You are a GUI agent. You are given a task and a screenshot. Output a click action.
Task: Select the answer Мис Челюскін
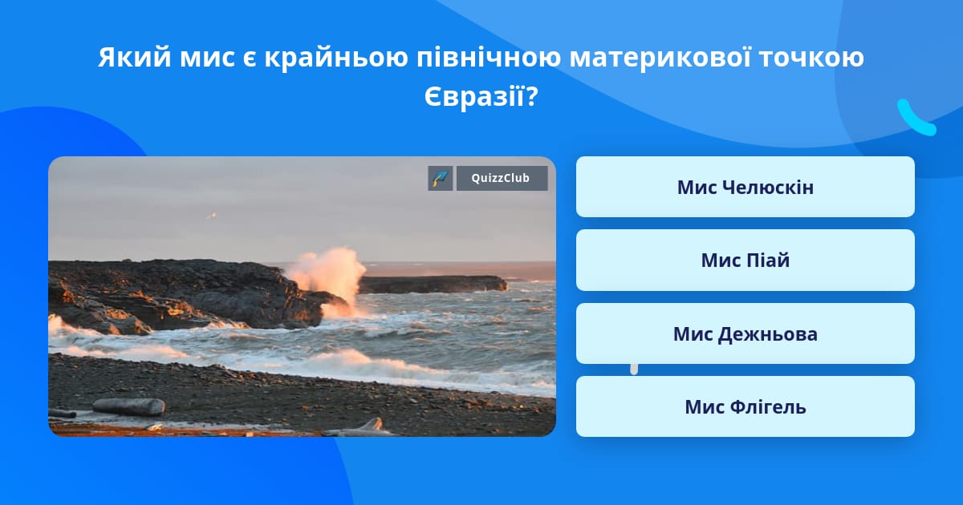pyautogui.click(x=745, y=187)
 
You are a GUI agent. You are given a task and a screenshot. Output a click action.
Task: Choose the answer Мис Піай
pyautogui.click(x=745, y=261)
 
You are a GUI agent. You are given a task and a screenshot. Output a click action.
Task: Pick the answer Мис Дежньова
pyautogui.click(x=745, y=333)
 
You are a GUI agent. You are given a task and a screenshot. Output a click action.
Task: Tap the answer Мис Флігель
pyautogui.click(x=745, y=406)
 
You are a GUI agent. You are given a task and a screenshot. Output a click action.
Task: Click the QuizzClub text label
pyautogui.click(x=501, y=178)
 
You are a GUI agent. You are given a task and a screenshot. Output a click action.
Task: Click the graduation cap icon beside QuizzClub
pyautogui.click(x=441, y=178)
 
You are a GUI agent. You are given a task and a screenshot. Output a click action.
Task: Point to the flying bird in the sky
pyautogui.click(x=211, y=215)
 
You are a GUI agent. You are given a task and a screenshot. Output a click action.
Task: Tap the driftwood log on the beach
pyautogui.click(x=129, y=406)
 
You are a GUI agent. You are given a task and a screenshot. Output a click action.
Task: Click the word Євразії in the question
pyautogui.click(x=474, y=96)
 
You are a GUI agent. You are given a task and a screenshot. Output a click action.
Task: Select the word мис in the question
pyautogui.click(x=207, y=58)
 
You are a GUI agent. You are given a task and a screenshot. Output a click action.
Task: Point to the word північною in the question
pyautogui.click(x=489, y=58)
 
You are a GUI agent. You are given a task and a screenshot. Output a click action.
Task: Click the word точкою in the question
pyautogui.click(x=811, y=58)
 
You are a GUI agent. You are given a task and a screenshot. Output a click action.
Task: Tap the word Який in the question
pyautogui.click(x=135, y=57)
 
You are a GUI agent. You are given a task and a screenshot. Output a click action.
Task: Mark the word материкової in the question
pyautogui.click(x=660, y=57)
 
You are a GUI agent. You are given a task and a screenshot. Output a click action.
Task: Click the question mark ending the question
pyautogui.click(x=532, y=96)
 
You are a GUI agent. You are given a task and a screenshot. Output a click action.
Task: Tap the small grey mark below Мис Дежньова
pyautogui.click(x=634, y=370)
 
